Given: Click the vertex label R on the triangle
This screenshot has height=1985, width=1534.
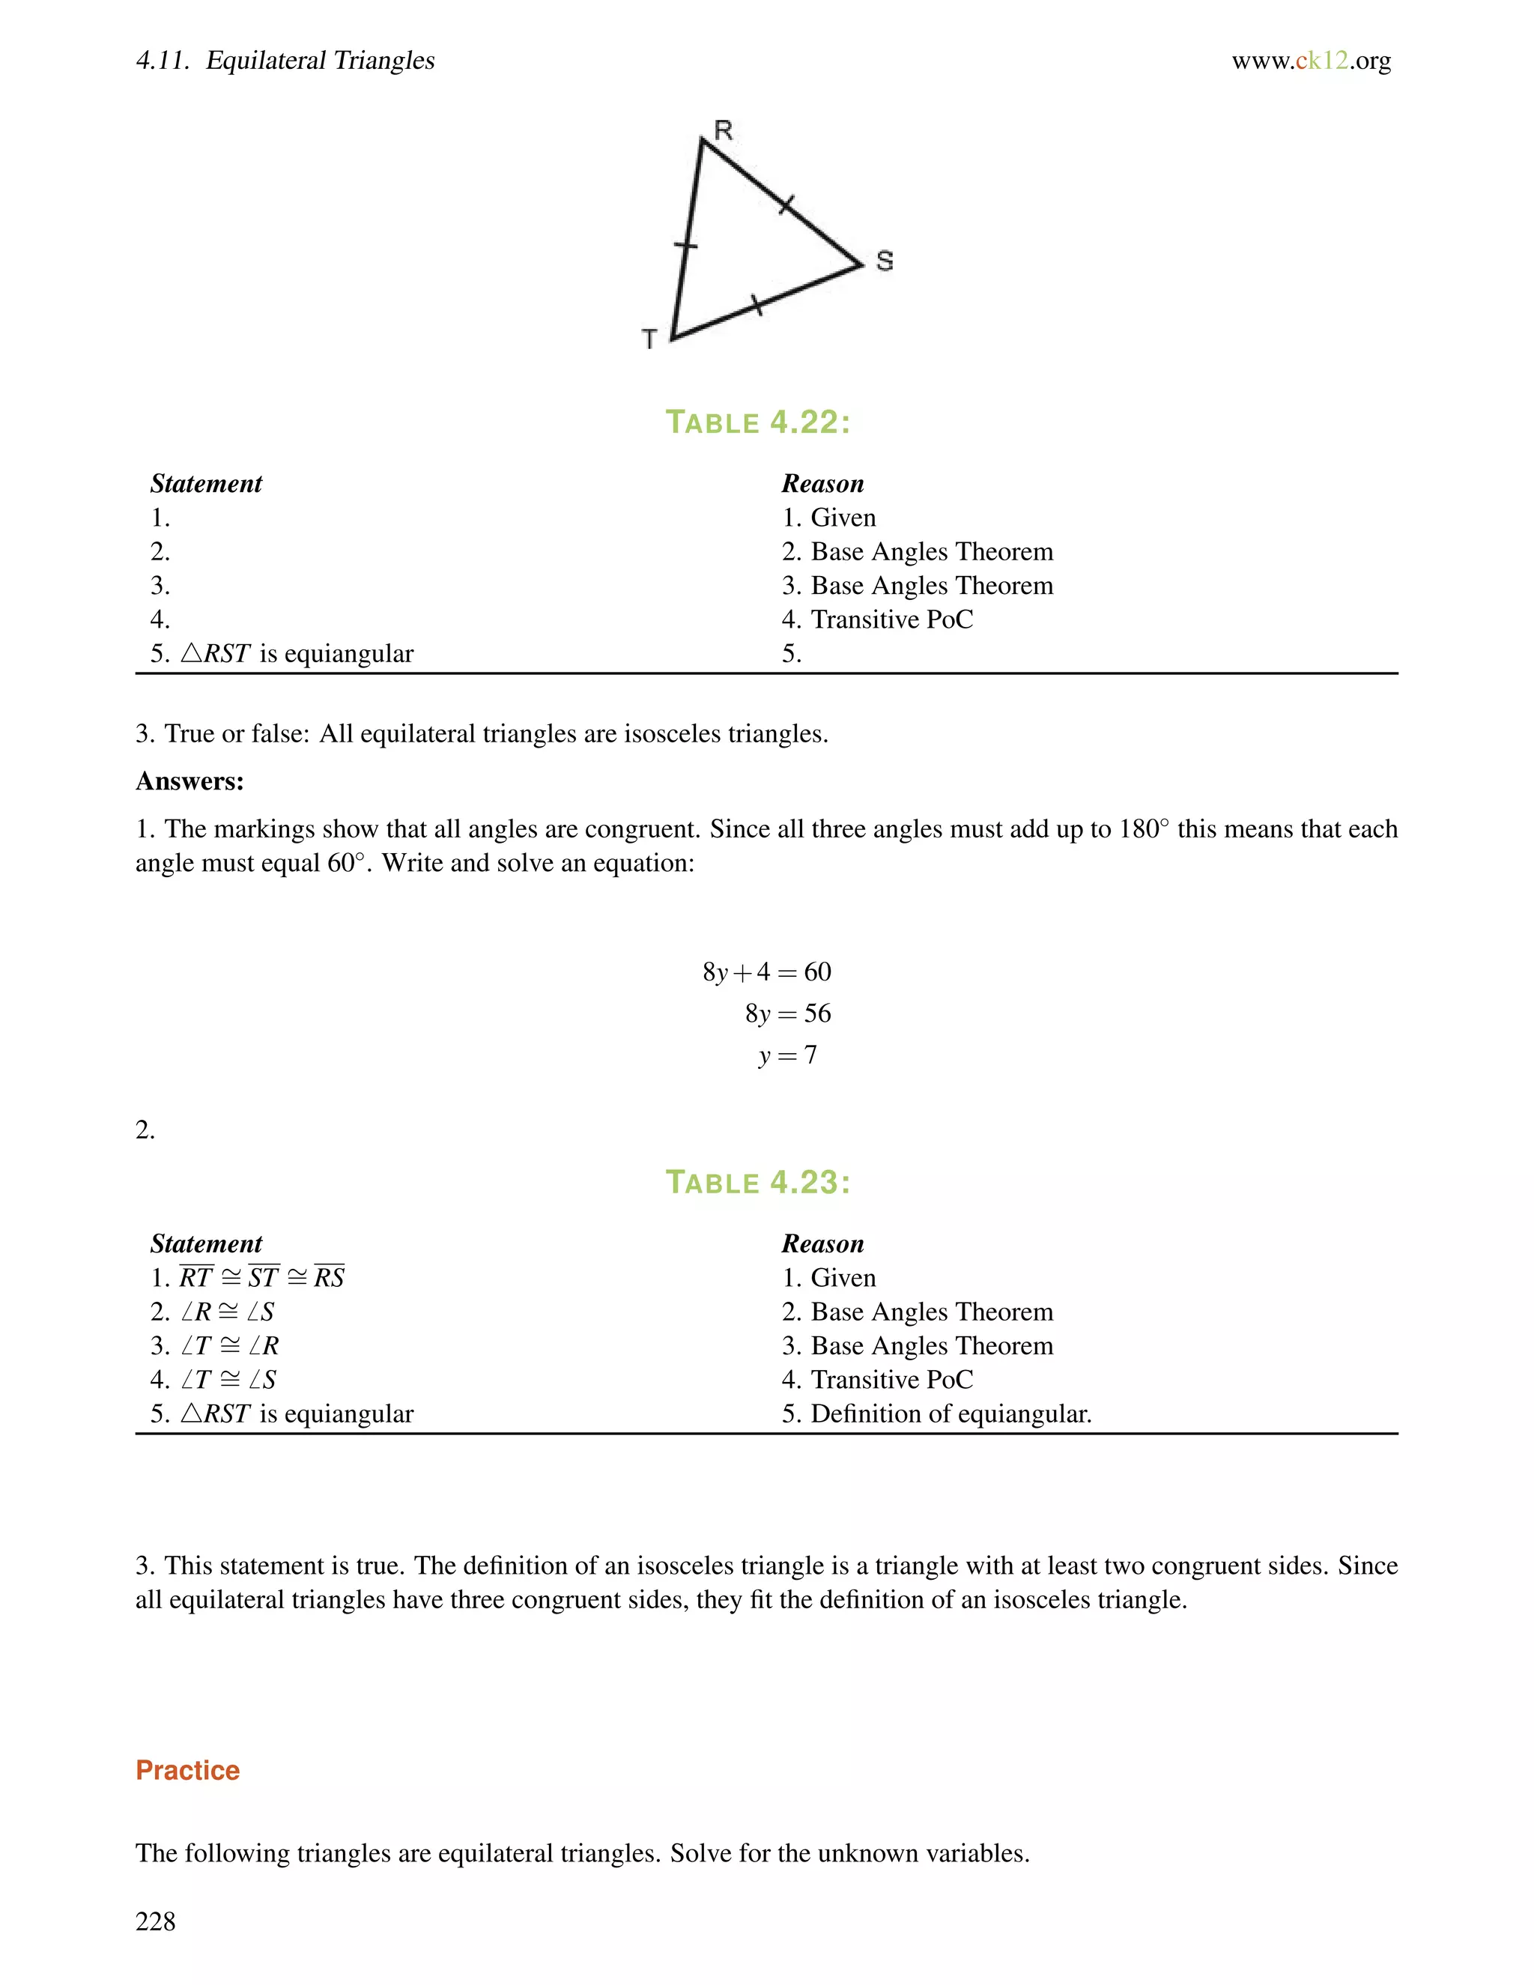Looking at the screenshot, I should point(723,131).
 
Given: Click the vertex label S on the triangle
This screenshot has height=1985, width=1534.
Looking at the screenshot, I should point(885,261).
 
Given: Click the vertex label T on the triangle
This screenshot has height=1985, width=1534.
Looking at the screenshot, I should point(649,339).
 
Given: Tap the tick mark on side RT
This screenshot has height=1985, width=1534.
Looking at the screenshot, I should point(686,246).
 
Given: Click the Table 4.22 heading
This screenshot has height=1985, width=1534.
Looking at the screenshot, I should point(758,422).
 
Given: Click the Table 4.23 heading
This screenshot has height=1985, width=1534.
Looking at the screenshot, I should point(758,1183).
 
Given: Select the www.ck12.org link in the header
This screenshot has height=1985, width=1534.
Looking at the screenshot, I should point(1311,61).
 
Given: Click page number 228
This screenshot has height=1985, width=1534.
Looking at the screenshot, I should point(155,1921).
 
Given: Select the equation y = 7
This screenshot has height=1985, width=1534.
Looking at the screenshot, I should point(787,1055).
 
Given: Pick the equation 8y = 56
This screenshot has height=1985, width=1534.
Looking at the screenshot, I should point(787,1013).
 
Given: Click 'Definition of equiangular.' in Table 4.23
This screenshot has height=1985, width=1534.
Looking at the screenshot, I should point(951,1413).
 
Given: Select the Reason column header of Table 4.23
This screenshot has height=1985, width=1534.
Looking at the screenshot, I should point(822,1243).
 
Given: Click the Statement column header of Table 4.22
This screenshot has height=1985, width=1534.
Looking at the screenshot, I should point(206,484).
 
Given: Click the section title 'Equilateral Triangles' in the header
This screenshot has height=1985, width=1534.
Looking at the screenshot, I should point(320,61).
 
